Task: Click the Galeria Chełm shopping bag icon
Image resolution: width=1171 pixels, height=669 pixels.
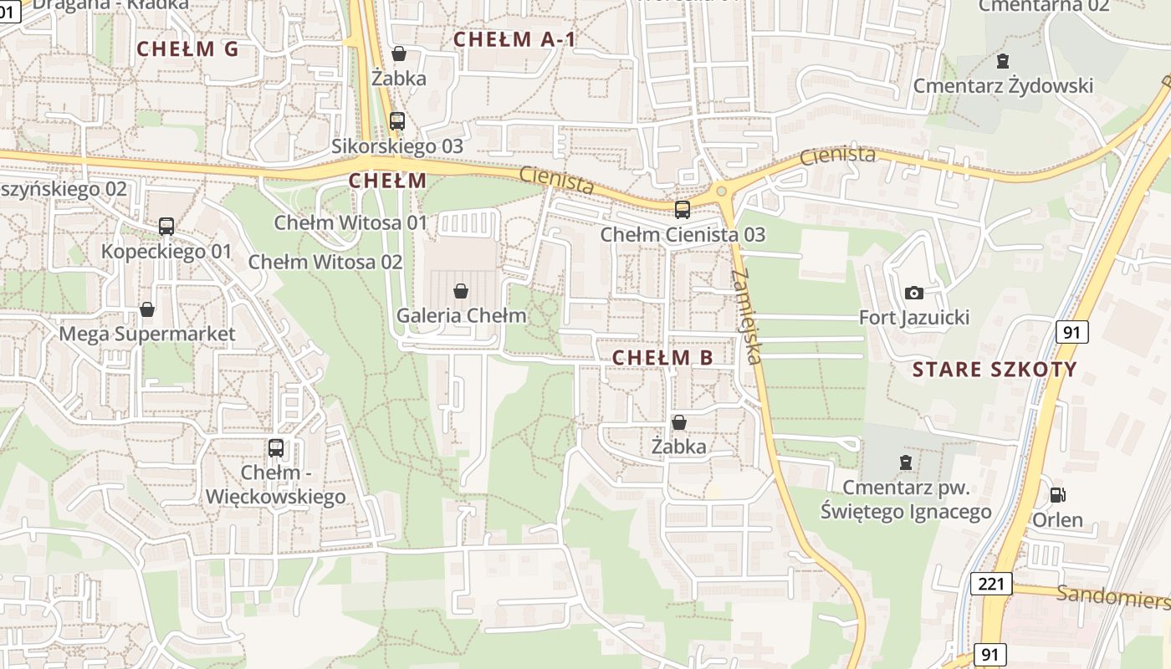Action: pyautogui.click(x=460, y=291)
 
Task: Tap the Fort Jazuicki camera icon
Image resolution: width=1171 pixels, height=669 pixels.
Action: pyautogui.click(x=914, y=293)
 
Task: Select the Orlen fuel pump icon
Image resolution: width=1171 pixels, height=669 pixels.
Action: pyautogui.click(x=1057, y=495)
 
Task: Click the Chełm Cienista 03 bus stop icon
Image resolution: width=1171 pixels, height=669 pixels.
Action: pyautogui.click(x=683, y=209)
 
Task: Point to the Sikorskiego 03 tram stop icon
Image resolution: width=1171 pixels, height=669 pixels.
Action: pyautogui.click(x=397, y=121)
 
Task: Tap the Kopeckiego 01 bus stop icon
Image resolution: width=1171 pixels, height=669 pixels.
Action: pyautogui.click(x=166, y=226)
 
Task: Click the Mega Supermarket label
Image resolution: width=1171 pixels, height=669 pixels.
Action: pyautogui.click(x=147, y=334)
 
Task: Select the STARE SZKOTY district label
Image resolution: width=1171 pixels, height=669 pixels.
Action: pyautogui.click(x=995, y=370)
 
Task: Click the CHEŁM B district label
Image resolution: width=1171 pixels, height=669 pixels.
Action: pyautogui.click(x=662, y=358)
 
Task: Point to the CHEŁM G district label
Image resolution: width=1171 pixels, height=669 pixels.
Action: pyautogui.click(x=187, y=49)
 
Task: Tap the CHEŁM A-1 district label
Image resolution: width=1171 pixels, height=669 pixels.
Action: pyautogui.click(x=514, y=38)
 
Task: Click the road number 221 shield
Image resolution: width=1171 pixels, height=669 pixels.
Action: pyautogui.click(x=991, y=584)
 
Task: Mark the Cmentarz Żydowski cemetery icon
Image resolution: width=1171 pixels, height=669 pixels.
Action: pyautogui.click(x=1002, y=60)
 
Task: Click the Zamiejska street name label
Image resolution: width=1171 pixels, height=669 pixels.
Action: pyautogui.click(x=746, y=316)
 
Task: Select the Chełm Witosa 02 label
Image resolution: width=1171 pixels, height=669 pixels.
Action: pyautogui.click(x=325, y=262)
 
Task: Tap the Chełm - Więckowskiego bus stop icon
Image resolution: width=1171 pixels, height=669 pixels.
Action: pyautogui.click(x=276, y=447)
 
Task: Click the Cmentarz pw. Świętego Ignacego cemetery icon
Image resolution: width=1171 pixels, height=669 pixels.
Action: pyautogui.click(x=905, y=462)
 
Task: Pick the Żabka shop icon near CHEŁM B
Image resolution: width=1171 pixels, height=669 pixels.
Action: pyautogui.click(x=679, y=422)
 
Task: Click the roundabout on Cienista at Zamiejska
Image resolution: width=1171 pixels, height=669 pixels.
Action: pyautogui.click(x=721, y=191)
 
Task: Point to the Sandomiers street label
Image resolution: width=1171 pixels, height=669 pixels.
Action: pyautogui.click(x=1112, y=597)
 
